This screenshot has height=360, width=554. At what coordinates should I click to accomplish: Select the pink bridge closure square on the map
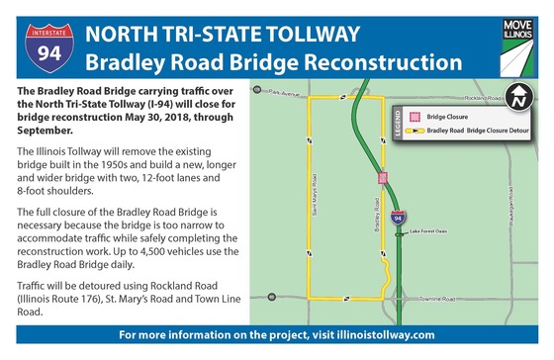[x=382, y=178]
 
